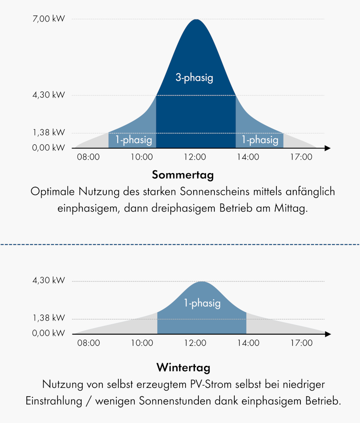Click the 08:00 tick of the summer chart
pyautogui.click(x=88, y=157)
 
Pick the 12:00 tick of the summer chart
pyautogui.click(x=195, y=157)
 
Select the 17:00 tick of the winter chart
pyautogui.click(x=301, y=343)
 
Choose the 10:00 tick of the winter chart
pyautogui.click(x=142, y=343)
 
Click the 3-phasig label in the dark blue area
pyautogui.click(x=194, y=78)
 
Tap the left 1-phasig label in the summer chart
pyautogui.click(x=134, y=140)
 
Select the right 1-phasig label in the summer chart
pyautogui.click(x=260, y=140)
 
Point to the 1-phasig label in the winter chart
pyautogui.click(x=202, y=303)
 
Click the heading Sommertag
pyautogui.click(x=183, y=175)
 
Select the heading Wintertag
pyautogui.click(x=183, y=367)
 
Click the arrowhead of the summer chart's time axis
pyautogui.click(x=328, y=148)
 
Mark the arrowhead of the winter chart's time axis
pyautogui.click(x=328, y=334)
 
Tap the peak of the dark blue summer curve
pyautogui.click(x=196, y=20)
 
